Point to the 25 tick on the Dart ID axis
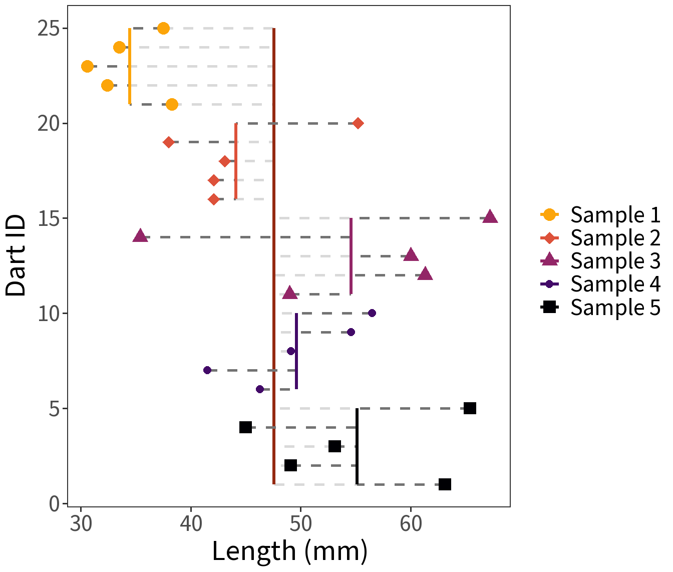(49, 29)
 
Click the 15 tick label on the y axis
(49, 218)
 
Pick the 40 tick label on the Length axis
(191, 524)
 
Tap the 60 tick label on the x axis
(411, 524)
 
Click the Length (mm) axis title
(289, 551)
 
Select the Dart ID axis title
(16, 255)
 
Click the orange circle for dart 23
(87, 66)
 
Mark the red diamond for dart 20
(358, 123)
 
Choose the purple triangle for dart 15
(490, 217)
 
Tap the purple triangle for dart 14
(140, 236)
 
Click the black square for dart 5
(470, 408)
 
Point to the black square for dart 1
(445, 484)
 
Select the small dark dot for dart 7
(207, 370)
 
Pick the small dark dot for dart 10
(372, 313)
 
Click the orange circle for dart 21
(172, 104)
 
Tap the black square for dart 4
(245, 427)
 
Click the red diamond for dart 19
(169, 142)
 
